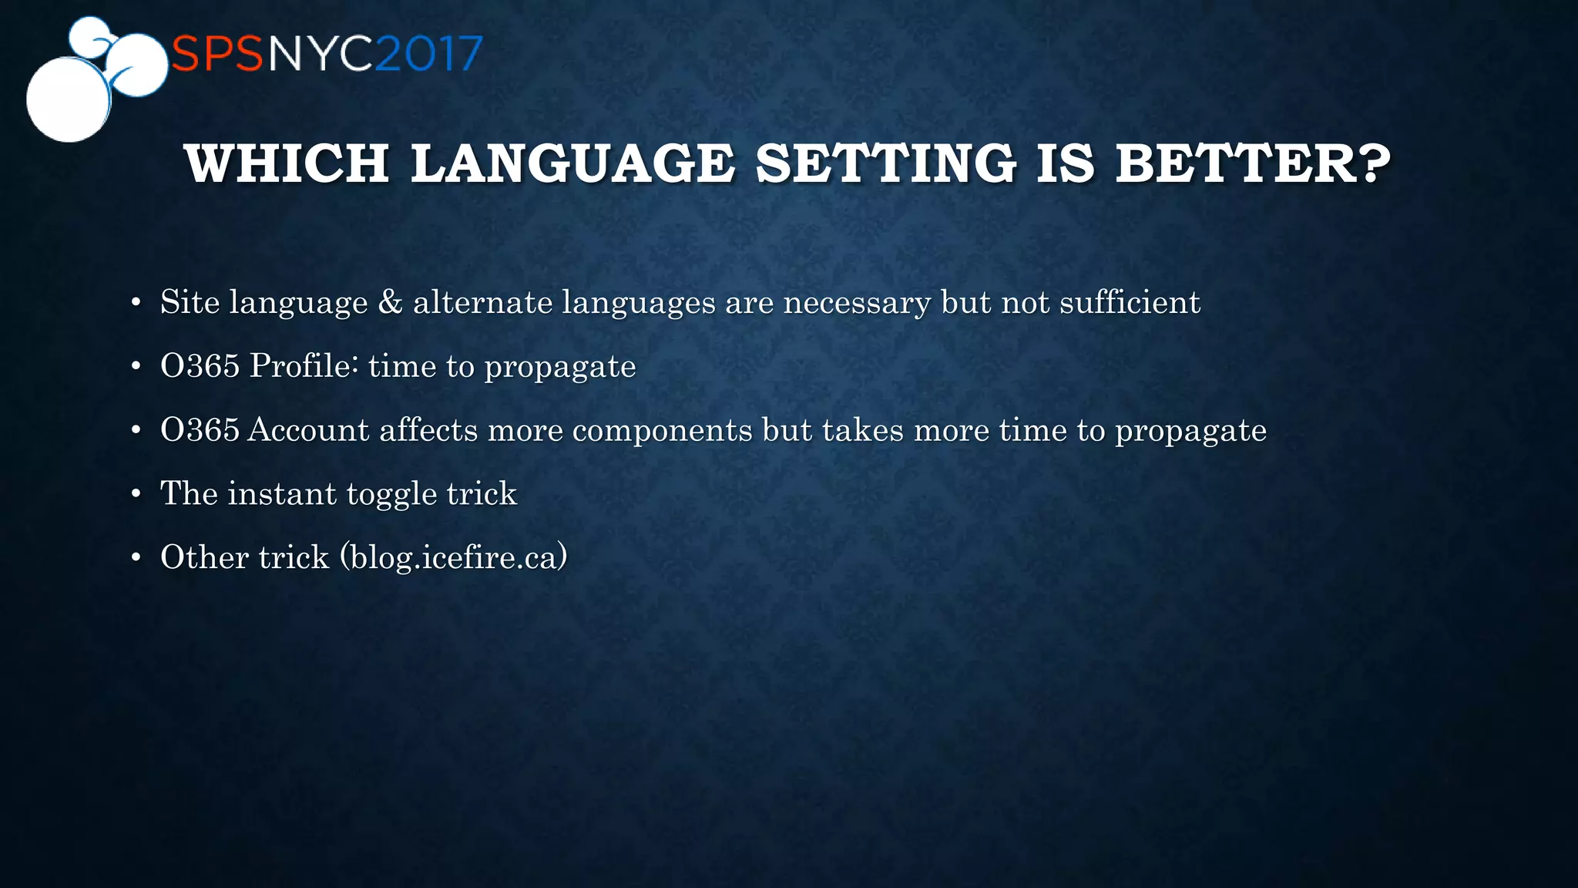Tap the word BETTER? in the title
coord(1253,164)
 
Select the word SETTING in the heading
coord(885,164)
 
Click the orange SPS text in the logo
coord(218,55)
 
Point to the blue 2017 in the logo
coord(430,55)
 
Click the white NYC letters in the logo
coord(321,55)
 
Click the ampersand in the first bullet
coord(390,302)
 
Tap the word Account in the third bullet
coord(309,430)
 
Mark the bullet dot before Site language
coord(136,303)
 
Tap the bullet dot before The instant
coord(136,494)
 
